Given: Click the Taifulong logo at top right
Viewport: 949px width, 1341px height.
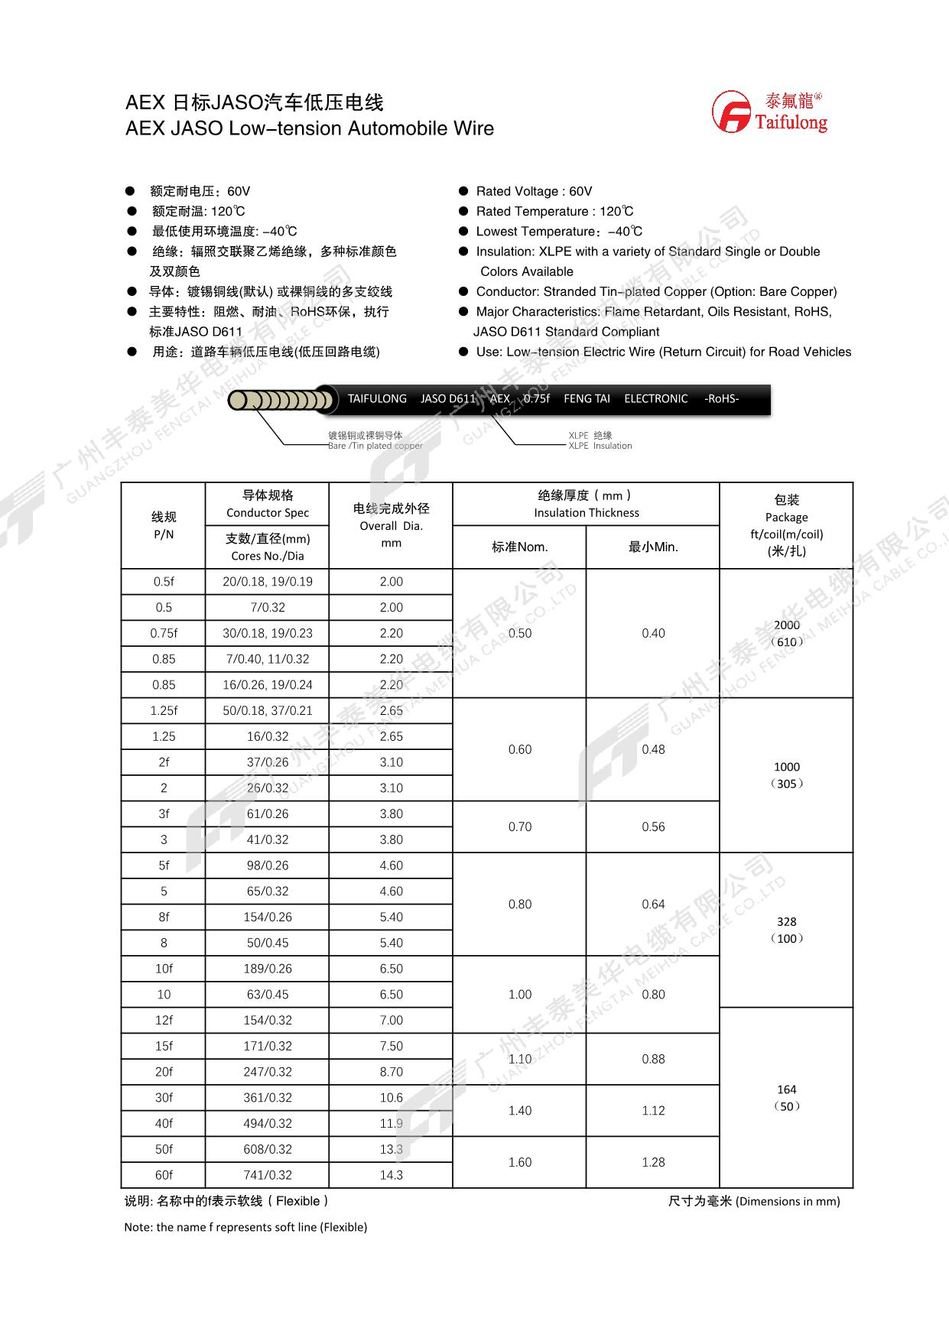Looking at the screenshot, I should pyautogui.click(x=770, y=112).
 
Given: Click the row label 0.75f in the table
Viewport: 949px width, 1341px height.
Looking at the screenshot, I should pyautogui.click(x=164, y=633).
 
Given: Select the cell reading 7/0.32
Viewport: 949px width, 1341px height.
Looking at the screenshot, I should pyautogui.click(x=267, y=608).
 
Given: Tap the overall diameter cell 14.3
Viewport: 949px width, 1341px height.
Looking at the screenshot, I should pyautogui.click(x=391, y=1175).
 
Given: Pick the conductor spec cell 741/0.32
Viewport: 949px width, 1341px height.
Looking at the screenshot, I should pyautogui.click(x=267, y=1175).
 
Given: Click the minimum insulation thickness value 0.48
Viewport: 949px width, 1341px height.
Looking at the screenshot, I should pyautogui.click(x=653, y=749).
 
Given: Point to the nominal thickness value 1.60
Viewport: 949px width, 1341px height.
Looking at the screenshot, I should pyautogui.click(x=519, y=1162).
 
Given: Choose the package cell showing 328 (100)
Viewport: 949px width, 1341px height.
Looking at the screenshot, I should pyautogui.click(x=786, y=930).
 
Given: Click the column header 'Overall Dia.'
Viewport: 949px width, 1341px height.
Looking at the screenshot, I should pyautogui.click(x=391, y=525).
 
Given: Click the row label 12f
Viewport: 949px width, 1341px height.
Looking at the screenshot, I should pyautogui.click(x=164, y=1020).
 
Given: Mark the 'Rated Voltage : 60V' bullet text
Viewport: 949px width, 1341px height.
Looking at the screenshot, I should pyautogui.click(x=534, y=191).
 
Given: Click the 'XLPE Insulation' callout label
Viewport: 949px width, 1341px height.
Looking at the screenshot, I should pyautogui.click(x=600, y=446).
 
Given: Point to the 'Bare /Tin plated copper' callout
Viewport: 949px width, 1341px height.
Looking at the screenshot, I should pyautogui.click(x=375, y=446).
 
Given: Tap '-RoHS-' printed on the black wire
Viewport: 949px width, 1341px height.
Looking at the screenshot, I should pyautogui.click(x=721, y=399).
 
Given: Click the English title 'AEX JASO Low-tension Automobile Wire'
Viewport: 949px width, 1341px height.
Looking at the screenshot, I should pyautogui.click(x=310, y=128).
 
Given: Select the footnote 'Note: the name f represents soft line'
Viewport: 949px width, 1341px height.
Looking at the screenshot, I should pyautogui.click(x=245, y=1227).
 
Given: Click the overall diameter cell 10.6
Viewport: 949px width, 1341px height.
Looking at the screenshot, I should pyautogui.click(x=391, y=1098).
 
